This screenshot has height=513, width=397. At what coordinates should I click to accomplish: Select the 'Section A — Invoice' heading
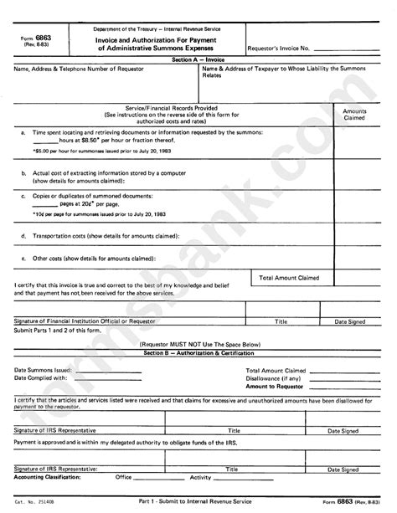197,62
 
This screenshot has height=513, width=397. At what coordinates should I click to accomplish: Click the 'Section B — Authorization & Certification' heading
197,354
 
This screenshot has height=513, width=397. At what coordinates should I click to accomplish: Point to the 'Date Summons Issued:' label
43,369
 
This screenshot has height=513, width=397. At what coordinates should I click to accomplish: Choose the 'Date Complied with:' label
41,377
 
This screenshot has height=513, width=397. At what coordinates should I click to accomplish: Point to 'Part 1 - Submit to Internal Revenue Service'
198,500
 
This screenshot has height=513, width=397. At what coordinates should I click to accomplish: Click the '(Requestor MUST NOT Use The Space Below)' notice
196,345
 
